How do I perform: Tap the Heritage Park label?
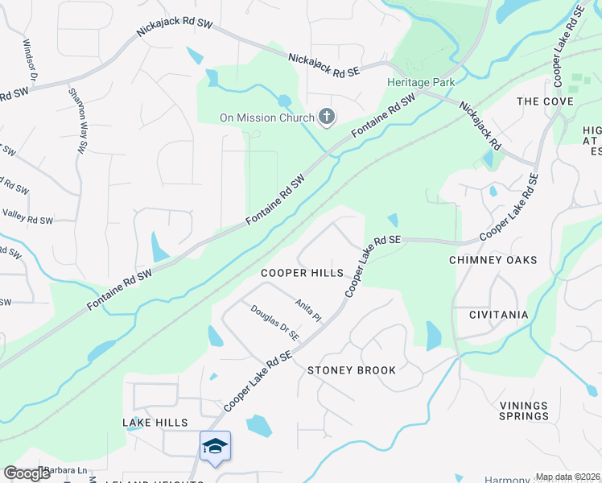click(421, 82)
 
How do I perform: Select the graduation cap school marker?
click(215, 446)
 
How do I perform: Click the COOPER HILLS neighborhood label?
click(302, 274)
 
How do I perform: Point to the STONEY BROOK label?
click(352, 370)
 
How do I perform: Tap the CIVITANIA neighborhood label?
click(490, 315)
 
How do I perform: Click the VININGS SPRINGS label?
click(523, 411)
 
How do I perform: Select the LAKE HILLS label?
click(155, 423)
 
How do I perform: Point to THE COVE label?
click(545, 101)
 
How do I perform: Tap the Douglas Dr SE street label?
click(274, 322)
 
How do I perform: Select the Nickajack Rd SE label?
click(324, 66)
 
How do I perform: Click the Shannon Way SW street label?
click(77, 121)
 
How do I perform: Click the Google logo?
click(27, 473)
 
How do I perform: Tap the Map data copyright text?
click(568, 477)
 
